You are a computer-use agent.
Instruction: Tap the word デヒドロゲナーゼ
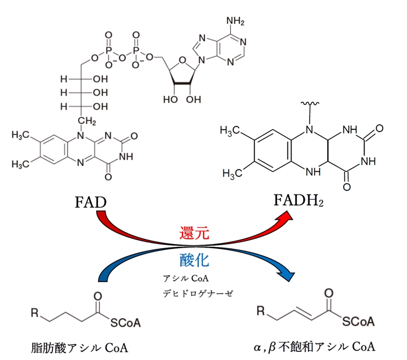pyautogui.click(x=198, y=294)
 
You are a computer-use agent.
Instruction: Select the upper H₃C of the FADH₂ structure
pyautogui.click(x=230, y=131)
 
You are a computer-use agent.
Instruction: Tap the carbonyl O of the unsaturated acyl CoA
pyautogui.click(x=330, y=292)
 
